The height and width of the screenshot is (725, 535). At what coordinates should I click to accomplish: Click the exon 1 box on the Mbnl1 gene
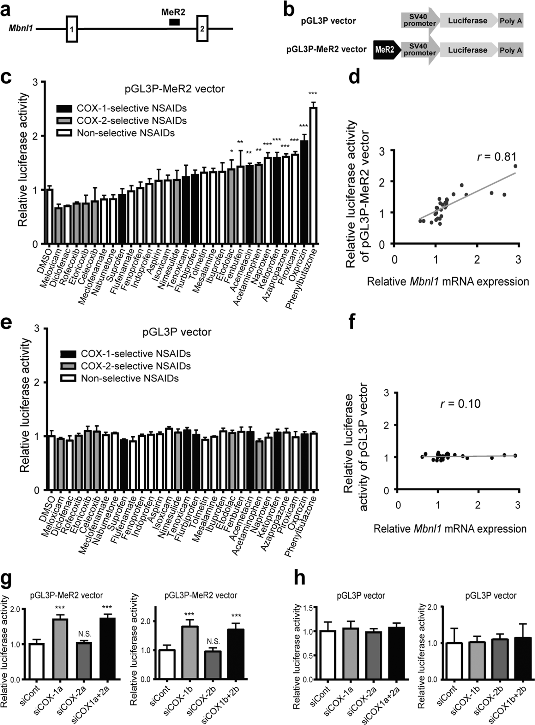(x=72, y=29)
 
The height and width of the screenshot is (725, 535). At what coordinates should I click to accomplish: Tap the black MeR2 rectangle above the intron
(x=174, y=22)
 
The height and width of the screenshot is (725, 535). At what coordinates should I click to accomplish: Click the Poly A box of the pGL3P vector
(x=511, y=21)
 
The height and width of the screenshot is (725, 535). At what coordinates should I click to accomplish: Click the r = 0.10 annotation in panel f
(x=460, y=404)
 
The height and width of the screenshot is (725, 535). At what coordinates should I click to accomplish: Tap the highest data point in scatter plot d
(x=515, y=166)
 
